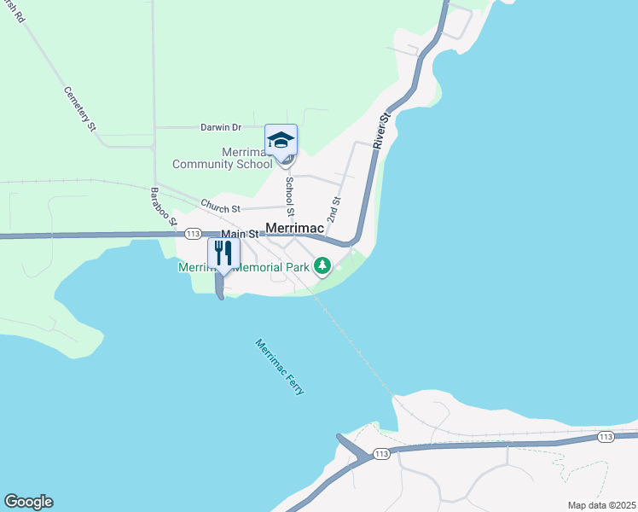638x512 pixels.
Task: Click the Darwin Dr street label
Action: click(221, 127)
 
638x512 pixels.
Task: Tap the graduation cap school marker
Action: click(281, 140)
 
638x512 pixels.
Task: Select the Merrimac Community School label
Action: click(223, 158)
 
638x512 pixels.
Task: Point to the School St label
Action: click(290, 195)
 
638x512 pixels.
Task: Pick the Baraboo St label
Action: click(163, 207)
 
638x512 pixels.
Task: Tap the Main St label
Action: click(240, 234)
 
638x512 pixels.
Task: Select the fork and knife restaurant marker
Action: click(223, 253)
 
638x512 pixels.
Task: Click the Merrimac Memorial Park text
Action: click(243, 267)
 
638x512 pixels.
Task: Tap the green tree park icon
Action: click(322, 266)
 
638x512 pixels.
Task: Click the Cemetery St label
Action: click(79, 108)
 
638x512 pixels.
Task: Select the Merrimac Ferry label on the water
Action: click(280, 366)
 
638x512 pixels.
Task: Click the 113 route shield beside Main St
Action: click(192, 234)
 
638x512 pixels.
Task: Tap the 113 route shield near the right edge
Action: click(606, 437)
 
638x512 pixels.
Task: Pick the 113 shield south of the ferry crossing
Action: click(381, 452)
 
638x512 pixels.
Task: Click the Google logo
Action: click(28, 502)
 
